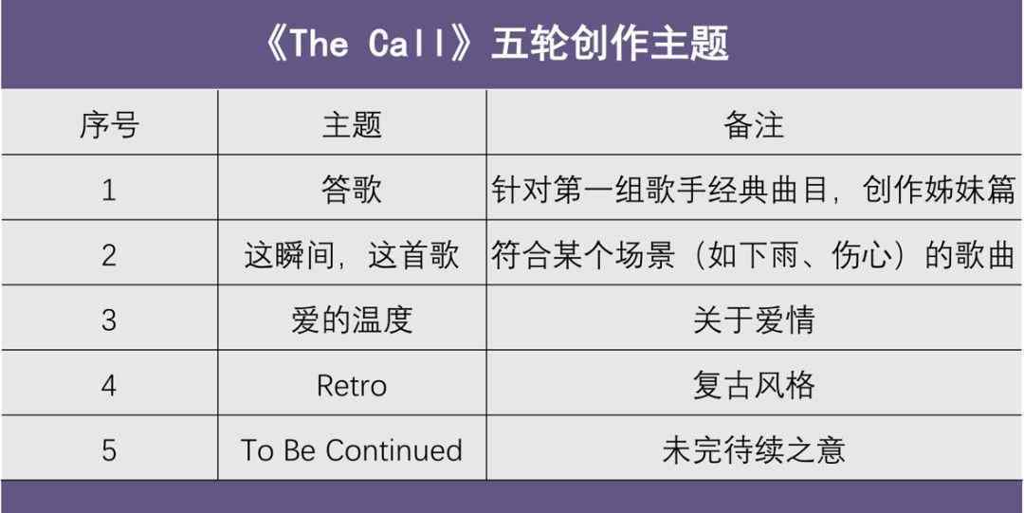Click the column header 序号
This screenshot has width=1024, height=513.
(109, 124)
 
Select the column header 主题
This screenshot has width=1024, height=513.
(352, 124)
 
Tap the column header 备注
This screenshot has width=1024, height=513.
(754, 124)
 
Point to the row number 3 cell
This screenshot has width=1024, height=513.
(109, 320)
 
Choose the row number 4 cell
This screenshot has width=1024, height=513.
(109, 385)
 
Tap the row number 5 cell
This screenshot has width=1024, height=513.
(109, 449)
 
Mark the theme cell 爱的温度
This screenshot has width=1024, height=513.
(352, 320)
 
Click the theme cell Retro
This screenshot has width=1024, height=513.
(352, 385)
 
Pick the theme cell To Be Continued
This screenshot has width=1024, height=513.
(352, 449)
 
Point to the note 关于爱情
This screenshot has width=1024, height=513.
(754, 320)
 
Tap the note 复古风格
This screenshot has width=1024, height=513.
(754, 385)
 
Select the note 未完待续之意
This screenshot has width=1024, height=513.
(754, 449)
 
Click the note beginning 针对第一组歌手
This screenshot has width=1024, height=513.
(754, 191)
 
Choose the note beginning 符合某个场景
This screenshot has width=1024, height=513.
(754, 255)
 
